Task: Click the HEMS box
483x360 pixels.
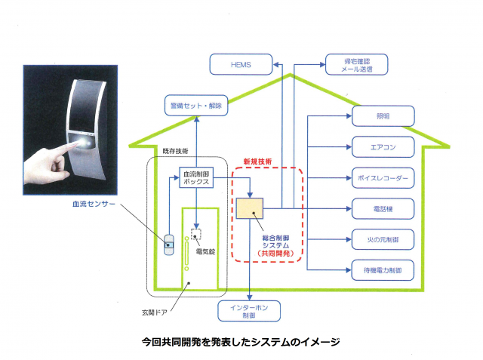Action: point(241,65)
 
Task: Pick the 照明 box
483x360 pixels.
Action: point(383,115)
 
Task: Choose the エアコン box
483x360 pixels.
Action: point(383,146)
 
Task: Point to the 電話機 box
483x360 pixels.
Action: point(383,208)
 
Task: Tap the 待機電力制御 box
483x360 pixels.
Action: point(383,269)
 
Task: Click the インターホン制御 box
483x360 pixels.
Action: point(249,310)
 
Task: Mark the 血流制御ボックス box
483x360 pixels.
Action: point(198,178)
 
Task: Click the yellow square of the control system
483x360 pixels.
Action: point(249,210)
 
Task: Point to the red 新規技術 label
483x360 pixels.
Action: point(257,162)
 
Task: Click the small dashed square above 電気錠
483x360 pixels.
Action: point(197,233)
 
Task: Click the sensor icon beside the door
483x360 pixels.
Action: point(171,245)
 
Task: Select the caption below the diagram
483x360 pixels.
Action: point(241,342)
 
